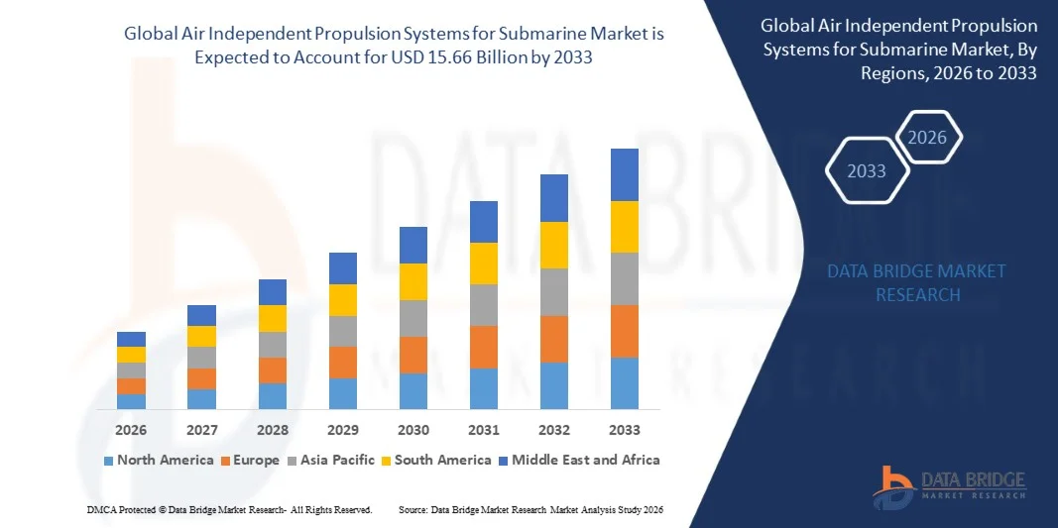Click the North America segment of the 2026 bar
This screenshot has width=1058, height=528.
click(x=131, y=401)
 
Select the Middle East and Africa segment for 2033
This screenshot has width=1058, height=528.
click(x=624, y=174)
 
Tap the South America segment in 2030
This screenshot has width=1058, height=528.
click(x=413, y=281)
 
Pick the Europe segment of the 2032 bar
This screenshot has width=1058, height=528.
click(x=553, y=339)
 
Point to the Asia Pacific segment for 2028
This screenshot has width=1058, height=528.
click(x=273, y=344)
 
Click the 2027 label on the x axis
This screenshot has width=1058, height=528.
click(x=201, y=430)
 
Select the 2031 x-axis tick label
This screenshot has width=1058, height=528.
click(x=484, y=430)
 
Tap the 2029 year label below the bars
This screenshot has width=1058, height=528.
click(x=343, y=430)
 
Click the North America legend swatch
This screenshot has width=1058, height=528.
click(x=108, y=461)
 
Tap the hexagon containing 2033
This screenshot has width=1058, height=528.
click(x=867, y=171)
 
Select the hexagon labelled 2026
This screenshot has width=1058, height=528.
click(x=927, y=138)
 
